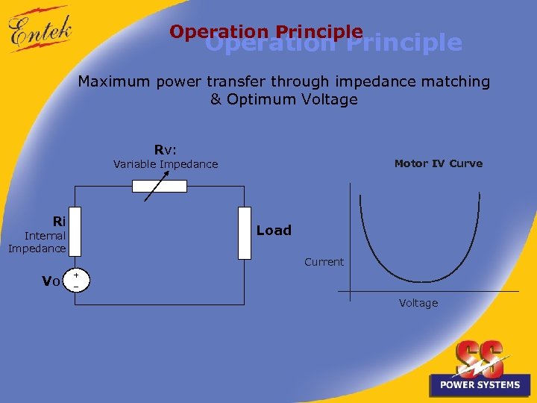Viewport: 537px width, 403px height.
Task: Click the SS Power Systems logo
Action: (480, 369)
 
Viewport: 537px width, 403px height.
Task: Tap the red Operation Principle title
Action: (266, 32)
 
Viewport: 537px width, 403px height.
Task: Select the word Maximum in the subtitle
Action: (115, 81)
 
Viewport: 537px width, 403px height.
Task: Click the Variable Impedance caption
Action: (166, 164)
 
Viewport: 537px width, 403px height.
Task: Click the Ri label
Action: (59, 221)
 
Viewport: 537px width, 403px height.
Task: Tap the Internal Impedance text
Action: (37, 242)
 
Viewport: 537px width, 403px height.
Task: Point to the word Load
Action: (274, 231)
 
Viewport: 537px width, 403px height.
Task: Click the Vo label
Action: (51, 281)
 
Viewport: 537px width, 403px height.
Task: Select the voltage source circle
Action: (76, 281)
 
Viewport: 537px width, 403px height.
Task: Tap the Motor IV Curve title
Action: (438, 163)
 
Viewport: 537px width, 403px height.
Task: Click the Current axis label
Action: (324, 262)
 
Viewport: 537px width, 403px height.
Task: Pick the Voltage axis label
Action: (418, 303)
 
